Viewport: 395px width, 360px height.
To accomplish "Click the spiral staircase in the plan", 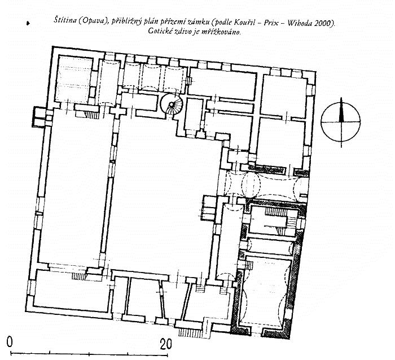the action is [x=172, y=104].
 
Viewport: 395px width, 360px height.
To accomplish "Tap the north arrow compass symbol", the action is [x=341, y=122].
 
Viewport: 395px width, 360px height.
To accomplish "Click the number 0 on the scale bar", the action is [x=10, y=342].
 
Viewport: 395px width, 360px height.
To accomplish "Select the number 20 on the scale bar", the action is [x=166, y=344].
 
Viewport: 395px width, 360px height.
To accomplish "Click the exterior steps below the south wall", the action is [x=190, y=332].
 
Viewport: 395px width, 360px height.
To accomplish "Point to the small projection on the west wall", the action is [x=39, y=117].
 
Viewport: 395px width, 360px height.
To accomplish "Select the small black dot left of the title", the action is [x=28, y=23].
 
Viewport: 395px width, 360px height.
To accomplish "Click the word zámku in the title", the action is [x=200, y=22].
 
